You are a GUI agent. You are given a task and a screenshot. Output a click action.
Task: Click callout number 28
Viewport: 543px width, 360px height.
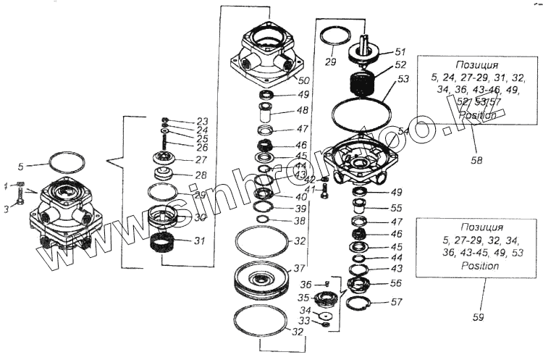pos(201,175)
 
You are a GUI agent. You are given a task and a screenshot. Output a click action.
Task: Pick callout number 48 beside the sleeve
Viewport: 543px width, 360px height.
pos(303,111)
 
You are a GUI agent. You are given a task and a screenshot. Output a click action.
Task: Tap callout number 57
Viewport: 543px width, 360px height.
pos(397,301)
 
